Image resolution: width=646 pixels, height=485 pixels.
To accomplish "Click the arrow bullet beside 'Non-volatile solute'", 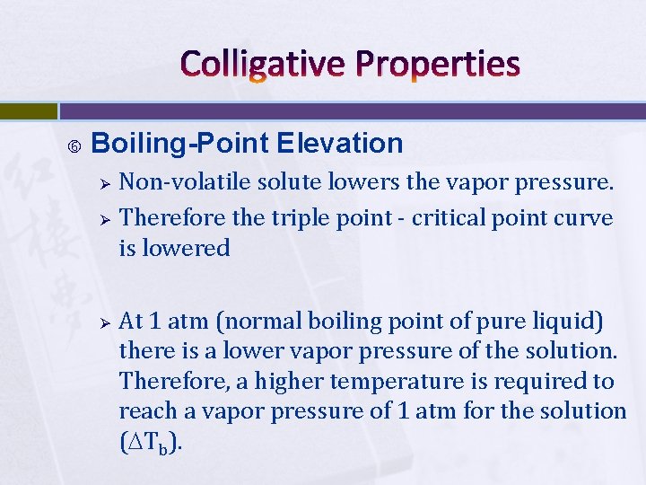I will click(x=104, y=184).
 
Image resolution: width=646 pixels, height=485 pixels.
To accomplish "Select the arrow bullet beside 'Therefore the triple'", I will click(x=104, y=218).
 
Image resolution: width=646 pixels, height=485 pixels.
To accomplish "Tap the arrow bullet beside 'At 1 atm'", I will click(x=104, y=322).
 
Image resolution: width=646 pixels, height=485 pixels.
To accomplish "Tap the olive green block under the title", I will click(x=28, y=111).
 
